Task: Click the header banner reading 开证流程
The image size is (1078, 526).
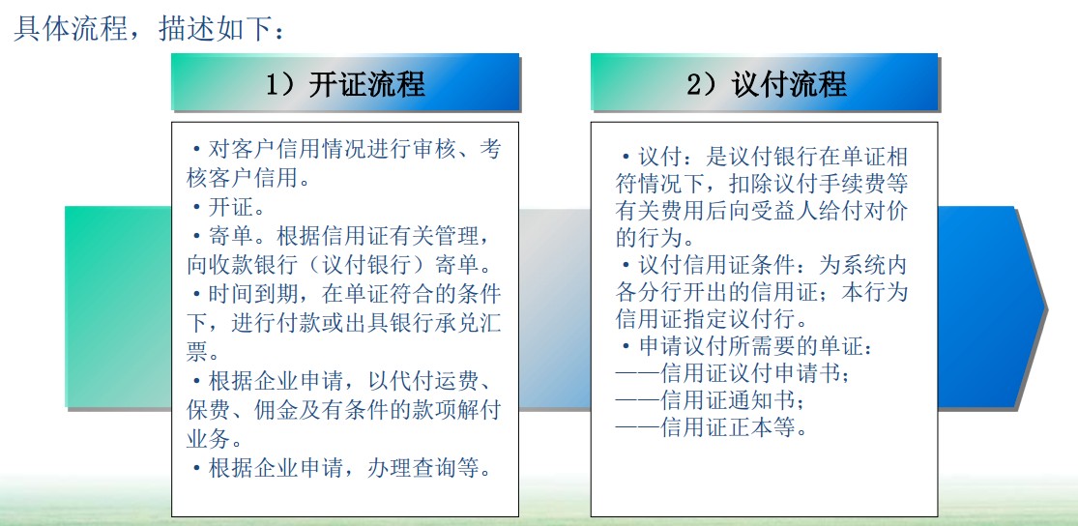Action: point(345,82)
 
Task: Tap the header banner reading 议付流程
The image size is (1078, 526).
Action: point(765,82)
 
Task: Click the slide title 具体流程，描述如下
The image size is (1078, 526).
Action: point(149,29)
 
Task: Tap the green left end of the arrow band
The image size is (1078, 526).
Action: point(118,307)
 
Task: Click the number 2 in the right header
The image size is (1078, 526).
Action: point(694,83)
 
